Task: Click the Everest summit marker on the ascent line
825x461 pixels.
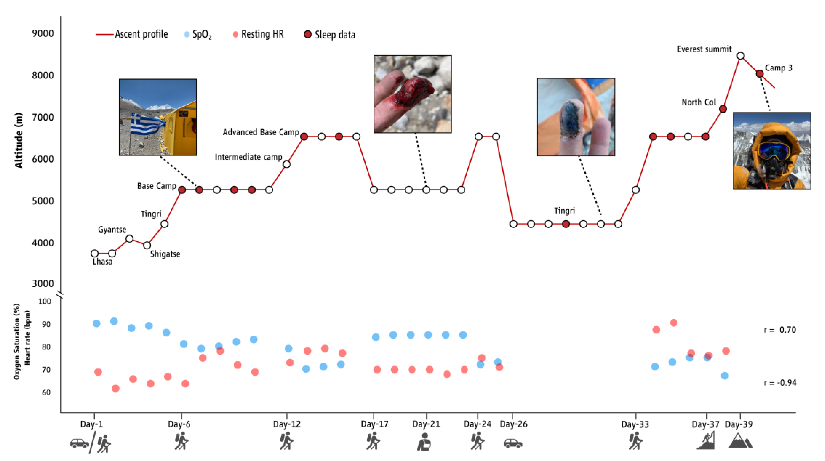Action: pos(740,56)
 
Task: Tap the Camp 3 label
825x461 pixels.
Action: pos(778,68)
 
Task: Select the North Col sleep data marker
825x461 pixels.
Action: pos(723,109)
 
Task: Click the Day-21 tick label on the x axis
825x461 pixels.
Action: pos(426,424)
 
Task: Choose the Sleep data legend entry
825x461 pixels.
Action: pos(330,35)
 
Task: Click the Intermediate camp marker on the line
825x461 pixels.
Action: pos(287,164)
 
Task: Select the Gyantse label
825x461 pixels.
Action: pos(112,229)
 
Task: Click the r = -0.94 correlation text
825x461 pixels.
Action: pos(780,383)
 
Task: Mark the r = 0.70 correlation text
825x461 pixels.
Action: pos(780,330)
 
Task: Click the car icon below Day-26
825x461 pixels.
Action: pos(513,443)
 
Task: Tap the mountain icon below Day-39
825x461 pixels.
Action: pos(740,441)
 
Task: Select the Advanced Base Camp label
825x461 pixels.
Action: pos(261,132)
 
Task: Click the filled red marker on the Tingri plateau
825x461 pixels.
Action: pos(566,224)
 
